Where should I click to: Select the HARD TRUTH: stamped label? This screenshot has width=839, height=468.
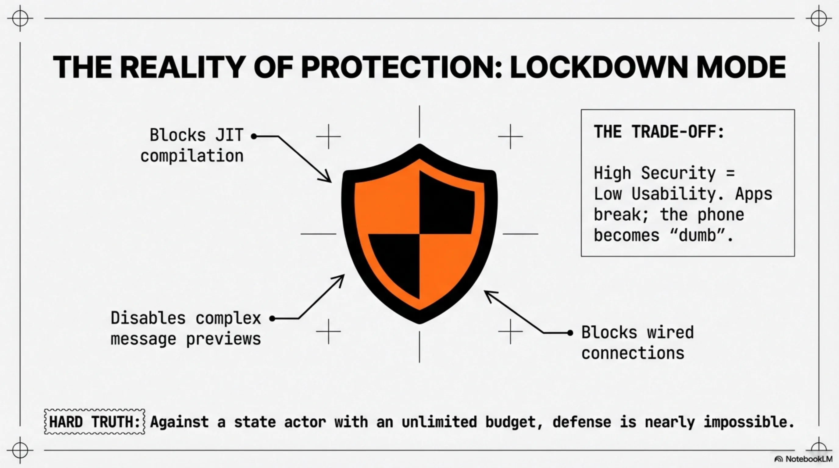pyautogui.click(x=95, y=422)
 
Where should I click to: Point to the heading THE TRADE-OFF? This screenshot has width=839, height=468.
pyautogui.click(x=659, y=132)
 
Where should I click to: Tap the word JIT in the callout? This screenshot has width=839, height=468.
pyautogui.click(x=229, y=135)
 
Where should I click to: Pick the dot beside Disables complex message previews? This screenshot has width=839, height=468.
pyautogui.click(x=272, y=319)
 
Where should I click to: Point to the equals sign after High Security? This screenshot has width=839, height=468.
pyautogui.click(x=730, y=173)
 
